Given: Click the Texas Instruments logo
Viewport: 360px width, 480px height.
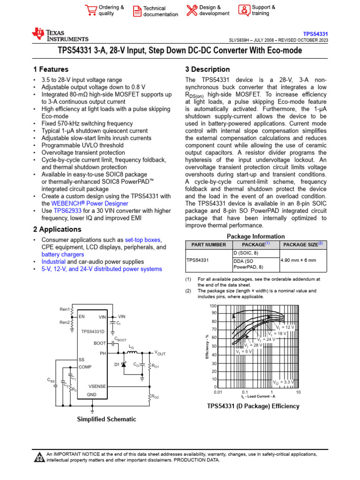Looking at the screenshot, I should (x=60, y=35).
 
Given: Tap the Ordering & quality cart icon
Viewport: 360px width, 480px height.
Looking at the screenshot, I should (x=90, y=10).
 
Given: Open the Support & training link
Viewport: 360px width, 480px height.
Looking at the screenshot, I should (x=263, y=10).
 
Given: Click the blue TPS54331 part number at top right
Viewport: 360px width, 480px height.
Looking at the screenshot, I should (x=315, y=34).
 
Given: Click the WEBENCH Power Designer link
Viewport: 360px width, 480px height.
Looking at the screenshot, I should (x=89, y=203).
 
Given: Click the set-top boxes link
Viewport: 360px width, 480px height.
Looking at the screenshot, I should (x=143, y=240).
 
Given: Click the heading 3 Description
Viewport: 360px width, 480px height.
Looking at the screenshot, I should (x=208, y=69).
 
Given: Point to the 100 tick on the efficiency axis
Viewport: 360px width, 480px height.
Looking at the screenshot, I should (x=213, y=306).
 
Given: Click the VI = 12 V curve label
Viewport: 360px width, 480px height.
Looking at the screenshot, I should (x=285, y=327).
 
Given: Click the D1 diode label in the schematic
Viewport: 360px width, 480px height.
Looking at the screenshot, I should (x=117, y=364).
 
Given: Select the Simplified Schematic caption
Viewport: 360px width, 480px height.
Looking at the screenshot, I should (x=106, y=419).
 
